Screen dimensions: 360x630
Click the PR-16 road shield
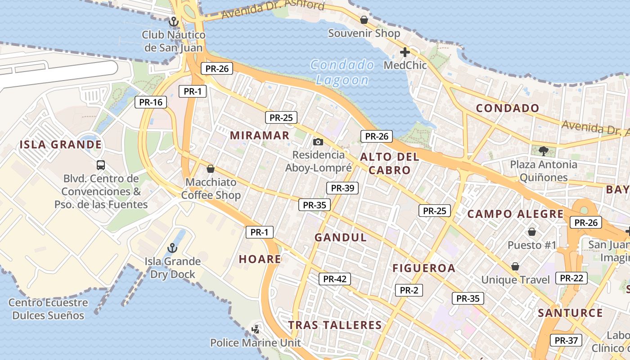coord(151,102)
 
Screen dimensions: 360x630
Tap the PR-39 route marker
coord(342,188)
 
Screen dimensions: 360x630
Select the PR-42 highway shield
coord(334,279)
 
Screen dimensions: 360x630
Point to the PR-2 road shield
coord(409,290)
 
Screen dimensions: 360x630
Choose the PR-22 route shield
coord(571,278)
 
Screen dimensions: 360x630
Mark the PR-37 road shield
coord(566,341)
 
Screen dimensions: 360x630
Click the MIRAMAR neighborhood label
coord(260,135)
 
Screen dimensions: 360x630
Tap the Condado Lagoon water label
coord(342,72)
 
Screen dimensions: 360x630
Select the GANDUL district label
coord(341,238)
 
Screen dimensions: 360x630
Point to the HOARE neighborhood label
coord(260,259)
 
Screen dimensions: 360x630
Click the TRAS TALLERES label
coord(335,325)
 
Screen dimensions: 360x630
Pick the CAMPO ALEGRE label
coord(515,214)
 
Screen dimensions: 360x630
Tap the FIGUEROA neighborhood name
coord(424,269)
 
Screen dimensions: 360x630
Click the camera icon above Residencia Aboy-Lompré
coord(318,142)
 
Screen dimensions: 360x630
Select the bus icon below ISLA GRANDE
coord(101,165)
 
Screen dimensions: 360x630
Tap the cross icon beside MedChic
coord(405,52)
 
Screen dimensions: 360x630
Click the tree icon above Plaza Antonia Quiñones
coord(543,151)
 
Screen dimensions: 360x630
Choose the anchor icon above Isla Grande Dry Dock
coord(172,248)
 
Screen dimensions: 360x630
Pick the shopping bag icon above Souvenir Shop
coord(364,20)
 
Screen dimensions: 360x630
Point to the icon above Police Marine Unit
coord(256,329)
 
